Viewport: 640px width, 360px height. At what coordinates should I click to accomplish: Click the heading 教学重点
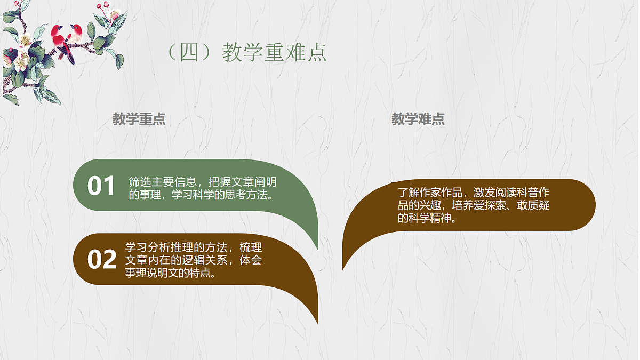(x=139, y=119)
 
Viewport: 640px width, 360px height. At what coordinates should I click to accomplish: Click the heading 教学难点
(x=418, y=119)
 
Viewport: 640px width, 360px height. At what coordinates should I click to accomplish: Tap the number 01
(x=101, y=186)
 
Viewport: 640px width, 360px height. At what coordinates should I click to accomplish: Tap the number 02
(x=101, y=260)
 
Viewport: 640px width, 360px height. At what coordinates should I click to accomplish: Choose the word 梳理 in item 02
(x=251, y=247)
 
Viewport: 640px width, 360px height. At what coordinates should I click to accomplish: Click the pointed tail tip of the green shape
(x=318, y=249)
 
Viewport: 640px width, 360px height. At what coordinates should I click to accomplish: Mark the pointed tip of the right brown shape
(x=342, y=268)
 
